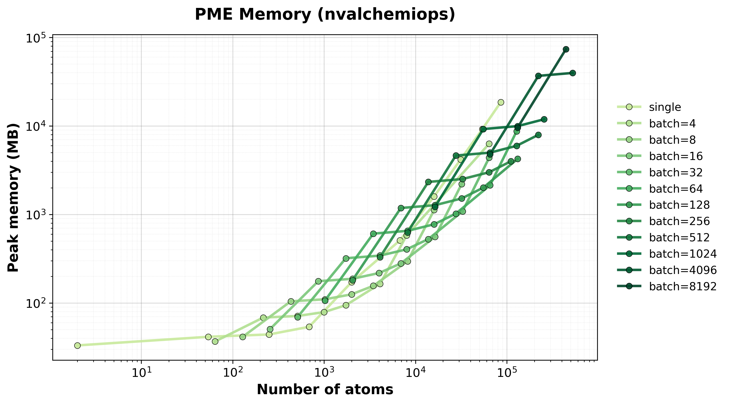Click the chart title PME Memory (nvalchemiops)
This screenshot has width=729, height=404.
click(325, 14)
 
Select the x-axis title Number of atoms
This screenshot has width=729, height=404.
click(325, 389)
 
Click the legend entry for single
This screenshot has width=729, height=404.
click(665, 107)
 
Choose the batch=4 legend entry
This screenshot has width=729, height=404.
click(672, 124)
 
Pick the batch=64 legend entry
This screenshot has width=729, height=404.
click(676, 189)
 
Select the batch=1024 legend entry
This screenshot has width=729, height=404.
click(683, 254)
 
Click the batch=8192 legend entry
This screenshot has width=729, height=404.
click(683, 286)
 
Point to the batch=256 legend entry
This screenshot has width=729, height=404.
click(679, 221)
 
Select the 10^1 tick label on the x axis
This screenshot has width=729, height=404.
click(141, 373)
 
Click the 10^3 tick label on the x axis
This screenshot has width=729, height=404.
click(324, 373)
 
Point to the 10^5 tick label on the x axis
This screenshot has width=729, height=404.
click(507, 373)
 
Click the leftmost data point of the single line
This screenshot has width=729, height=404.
click(77, 345)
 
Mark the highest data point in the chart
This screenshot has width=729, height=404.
click(566, 49)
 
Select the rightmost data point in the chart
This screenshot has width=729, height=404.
click(572, 73)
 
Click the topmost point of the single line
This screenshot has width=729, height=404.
click(501, 102)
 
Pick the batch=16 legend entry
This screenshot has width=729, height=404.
click(676, 156)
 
